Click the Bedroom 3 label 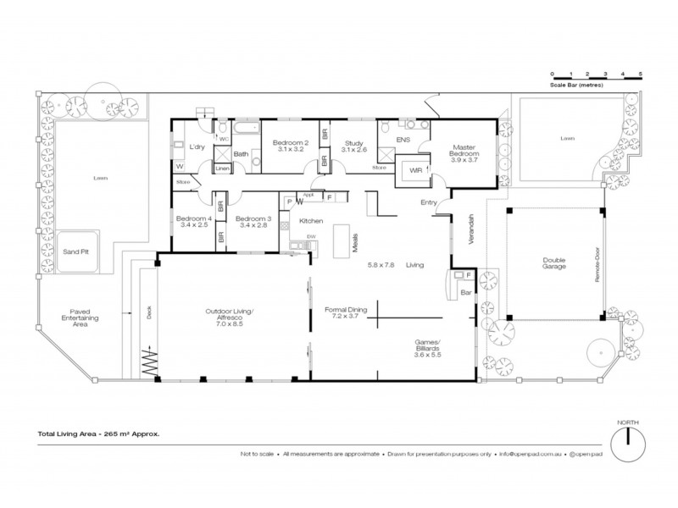coord(253,222)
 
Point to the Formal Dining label coord(346,313)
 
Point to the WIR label coord(415,170)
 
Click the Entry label coord(429,202)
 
